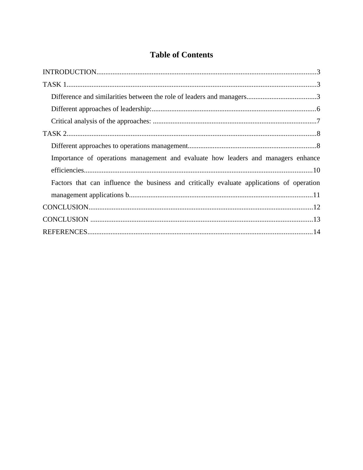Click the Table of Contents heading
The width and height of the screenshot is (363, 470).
coord(181,55)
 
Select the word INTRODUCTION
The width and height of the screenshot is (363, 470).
coord(70,72)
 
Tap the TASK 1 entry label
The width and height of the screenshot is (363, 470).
coord(55,85)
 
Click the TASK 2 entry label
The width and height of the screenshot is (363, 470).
coord(55,134)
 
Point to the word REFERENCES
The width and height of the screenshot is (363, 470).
coord(65,232)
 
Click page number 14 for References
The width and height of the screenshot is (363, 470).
coord(317,232)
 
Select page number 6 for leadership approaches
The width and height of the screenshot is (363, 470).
coord(318,109)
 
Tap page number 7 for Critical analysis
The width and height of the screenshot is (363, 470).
coord(318,121)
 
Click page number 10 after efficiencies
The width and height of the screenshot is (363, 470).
coord(317,170)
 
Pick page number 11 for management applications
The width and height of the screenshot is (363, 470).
coord(317,195)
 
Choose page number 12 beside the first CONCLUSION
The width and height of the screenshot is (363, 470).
coord(317,207)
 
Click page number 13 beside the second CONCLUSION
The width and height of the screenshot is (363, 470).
coord(317,219)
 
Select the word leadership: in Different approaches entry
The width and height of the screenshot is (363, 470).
coord(136,109)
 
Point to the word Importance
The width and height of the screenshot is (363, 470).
coord(67,158)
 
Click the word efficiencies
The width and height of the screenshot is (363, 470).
coord(67,170)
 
